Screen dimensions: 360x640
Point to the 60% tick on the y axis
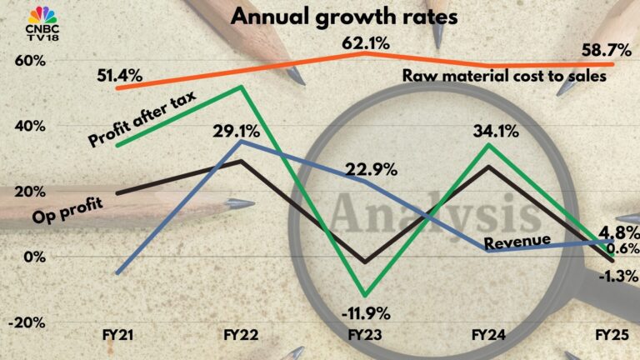tap(28, 61)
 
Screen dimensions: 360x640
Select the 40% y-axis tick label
tap(28, 126)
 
